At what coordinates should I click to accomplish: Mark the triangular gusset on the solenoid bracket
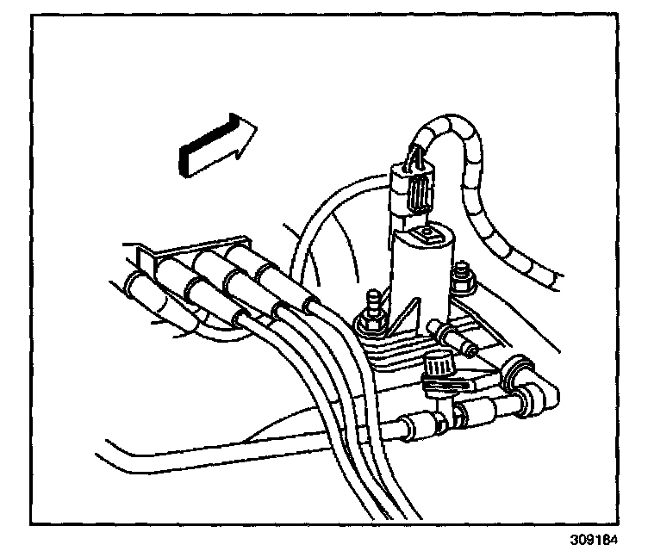pyautogui.click(x=412, y=320)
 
